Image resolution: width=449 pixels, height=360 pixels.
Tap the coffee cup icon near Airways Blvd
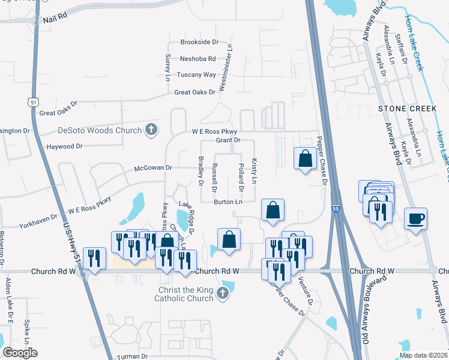point(415,218)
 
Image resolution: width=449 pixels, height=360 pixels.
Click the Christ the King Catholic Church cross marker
point(222,293)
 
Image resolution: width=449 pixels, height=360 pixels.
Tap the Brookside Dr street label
point(200,43)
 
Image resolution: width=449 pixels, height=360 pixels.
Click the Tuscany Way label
point(196,75)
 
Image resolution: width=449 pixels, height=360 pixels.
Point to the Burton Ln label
point(228,202)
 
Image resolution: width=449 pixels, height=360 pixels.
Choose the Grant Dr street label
point(228,140)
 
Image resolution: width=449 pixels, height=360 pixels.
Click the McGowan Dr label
point(153,169)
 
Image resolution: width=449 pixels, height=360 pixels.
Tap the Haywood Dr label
point(64,146)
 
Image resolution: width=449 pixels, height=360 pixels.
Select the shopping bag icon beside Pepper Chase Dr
point(305,158)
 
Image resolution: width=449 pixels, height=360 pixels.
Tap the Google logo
point(20,353)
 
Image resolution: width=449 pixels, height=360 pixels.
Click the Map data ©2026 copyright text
point(423,355)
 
